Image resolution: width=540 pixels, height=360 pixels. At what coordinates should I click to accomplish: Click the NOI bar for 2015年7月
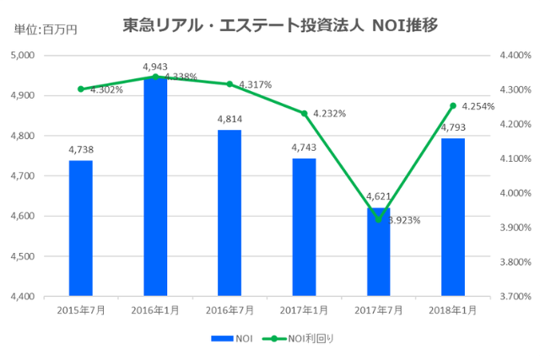pyautogui.click(x=81, y=228)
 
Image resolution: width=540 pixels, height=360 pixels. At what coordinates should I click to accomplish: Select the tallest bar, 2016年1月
pyautogui.click(x=155, y=186)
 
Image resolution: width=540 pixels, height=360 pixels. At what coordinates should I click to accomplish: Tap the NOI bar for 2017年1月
pyautogui.click(x=304, y=227)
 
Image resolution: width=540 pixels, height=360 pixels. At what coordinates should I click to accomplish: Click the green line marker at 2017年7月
pyautogui.click(x=378, y=219)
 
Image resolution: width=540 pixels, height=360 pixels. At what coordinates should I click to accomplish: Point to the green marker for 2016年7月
pyautogui.click(x=229, y=84)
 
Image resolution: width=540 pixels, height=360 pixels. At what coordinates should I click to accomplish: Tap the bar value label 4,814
pyautogui.click(x=229, y=120)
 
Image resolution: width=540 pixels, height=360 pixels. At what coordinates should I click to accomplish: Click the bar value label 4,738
pyautogui.click(x=81, y=150)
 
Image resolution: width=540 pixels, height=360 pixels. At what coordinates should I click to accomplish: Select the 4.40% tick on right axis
pyautogui.click(x=514, y=56)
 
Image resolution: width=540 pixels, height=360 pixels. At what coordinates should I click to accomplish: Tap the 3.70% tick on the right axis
pyautogui.click(x=514, y=297)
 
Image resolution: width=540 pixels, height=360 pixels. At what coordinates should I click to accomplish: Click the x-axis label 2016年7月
pyautogui.click(x=229, y=310)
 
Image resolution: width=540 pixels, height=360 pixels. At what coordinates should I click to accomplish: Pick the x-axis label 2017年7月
pyautogui.click(x=378, y=310)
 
